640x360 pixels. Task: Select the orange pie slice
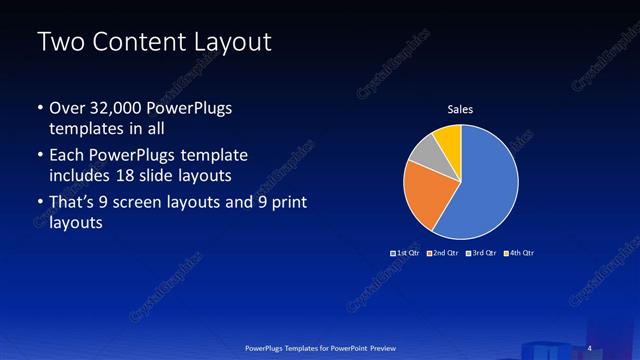(423, 196)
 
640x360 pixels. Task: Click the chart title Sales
(460, 110)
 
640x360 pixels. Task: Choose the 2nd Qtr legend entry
(444, 253)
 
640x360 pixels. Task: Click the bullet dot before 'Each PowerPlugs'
(39, 156)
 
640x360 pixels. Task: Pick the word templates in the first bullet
(84, 128)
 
